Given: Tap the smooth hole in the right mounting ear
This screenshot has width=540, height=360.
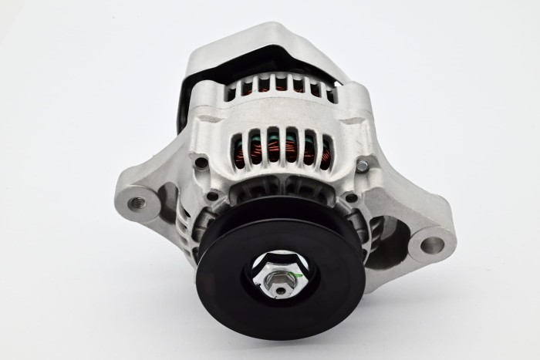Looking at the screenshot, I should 433,246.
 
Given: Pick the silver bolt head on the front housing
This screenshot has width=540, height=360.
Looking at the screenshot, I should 362,165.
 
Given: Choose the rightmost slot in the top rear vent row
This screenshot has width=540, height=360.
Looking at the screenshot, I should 330,94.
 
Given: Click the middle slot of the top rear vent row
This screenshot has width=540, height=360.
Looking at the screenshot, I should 281,82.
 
